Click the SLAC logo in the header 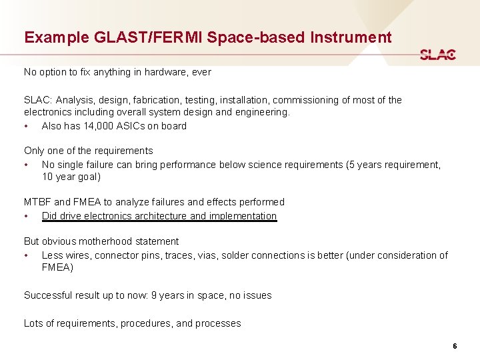437,55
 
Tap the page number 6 455,346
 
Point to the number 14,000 98,126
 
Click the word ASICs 133,126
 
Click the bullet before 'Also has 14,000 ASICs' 26,126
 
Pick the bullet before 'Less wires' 26,255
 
